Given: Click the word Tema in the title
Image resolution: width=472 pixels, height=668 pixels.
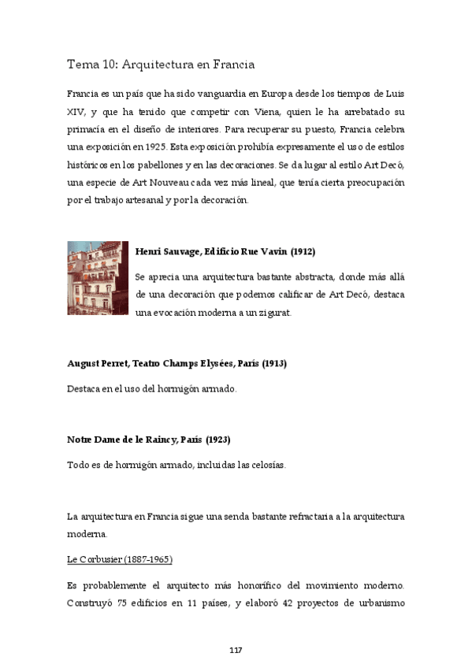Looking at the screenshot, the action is tap(80, 64).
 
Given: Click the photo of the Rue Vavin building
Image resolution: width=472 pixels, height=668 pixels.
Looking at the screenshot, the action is tap(98, 278).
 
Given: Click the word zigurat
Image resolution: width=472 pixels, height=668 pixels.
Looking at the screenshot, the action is tap(275, 312).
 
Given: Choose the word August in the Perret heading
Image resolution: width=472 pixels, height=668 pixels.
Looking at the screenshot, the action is tap(84, 363).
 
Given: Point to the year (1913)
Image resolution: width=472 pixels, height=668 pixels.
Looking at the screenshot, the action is tap(272, 363).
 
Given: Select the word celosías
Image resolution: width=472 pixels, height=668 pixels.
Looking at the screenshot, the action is tap(265, 465).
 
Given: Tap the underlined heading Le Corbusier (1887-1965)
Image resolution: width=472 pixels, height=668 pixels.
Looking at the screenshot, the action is tap(120, 559).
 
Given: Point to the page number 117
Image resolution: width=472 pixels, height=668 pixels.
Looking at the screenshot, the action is tap(235, 650).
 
